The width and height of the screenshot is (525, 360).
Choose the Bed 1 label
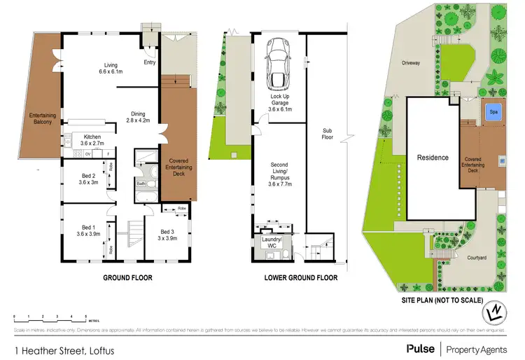coord(88,231)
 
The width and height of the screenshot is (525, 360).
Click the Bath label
coord(141,184)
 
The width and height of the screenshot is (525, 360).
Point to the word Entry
coord(150,63)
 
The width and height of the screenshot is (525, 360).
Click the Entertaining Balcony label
coord(42,120)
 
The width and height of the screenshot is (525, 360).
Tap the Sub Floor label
coord(327,134)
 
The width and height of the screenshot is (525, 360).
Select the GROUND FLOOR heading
coord(128,278)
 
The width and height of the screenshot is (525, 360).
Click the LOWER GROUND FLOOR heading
coord(301,278)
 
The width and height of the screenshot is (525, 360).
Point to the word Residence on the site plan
coord(433,158)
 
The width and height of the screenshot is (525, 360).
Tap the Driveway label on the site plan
coord(411,63)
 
